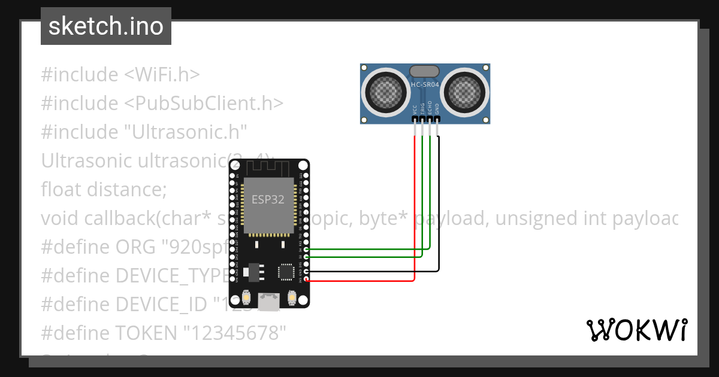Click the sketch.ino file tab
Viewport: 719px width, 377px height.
tap(106, 26)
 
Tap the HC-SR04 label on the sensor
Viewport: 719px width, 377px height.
tap(425, 86)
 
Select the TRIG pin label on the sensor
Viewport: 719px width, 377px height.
tap(422, 108)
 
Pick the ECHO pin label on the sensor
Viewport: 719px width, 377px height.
tap(430, 108)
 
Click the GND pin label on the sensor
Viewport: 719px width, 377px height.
tap(437, 108)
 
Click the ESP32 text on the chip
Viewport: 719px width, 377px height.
tap(268, 200)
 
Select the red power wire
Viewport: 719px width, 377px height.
tap(415, 209)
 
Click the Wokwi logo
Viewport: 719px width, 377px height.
tap(636, 330)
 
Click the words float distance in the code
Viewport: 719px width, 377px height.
tap(104, 189)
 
